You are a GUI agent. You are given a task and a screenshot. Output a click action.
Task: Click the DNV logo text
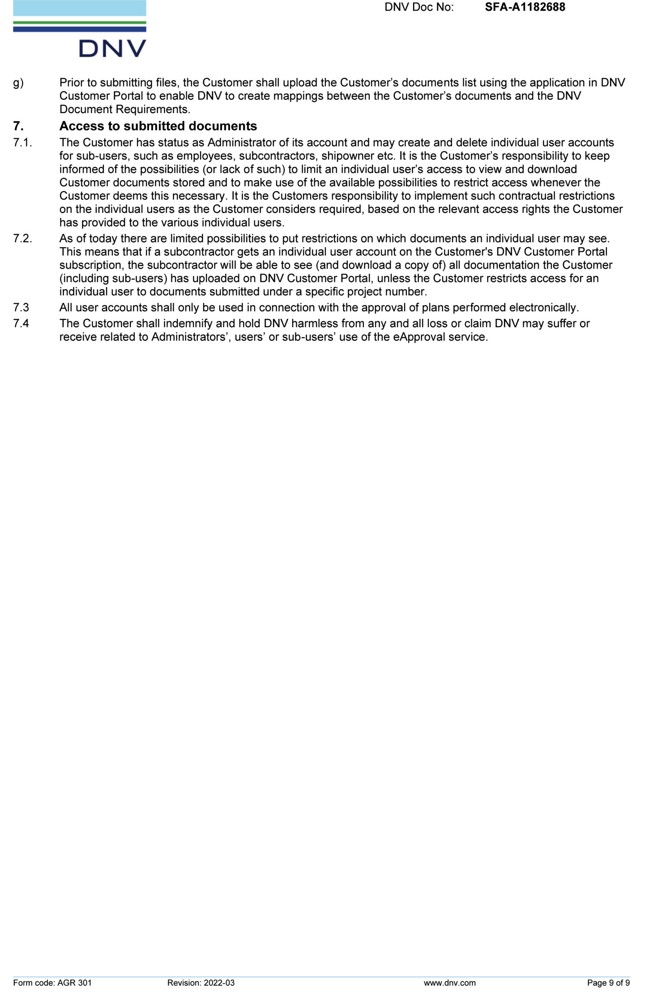tap(112, 48)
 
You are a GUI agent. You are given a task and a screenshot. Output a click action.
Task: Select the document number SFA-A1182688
tap(525, 7)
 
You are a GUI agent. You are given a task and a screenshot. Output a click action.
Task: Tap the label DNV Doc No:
tap(419, 7)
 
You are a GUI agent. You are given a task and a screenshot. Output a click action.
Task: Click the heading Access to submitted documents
tap(158, 126)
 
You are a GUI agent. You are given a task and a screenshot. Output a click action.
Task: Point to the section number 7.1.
tap(22, 143)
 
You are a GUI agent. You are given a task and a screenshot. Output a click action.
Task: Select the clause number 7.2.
tap(22, 238)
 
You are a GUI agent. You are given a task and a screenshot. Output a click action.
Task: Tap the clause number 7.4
tap(21, 323)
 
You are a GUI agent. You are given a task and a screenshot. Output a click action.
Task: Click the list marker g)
tap(18, 83)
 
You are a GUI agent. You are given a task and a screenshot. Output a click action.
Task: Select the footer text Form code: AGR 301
tap(52, 982)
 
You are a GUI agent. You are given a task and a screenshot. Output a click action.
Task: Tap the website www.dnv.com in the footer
tap(449, 982)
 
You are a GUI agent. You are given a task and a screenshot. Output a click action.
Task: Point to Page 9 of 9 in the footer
tap(608, 982)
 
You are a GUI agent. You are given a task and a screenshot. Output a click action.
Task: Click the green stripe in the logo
tap(80, 22)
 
